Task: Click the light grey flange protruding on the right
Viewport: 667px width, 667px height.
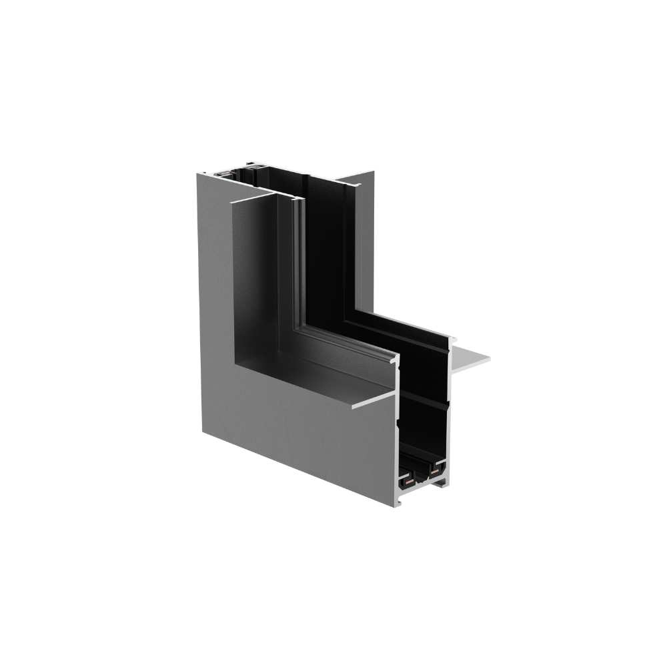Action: [x=470, y=360]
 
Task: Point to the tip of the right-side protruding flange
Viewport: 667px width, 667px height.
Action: [x=488, y=359]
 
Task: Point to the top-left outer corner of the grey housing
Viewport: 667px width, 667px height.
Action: [x=198, y=173]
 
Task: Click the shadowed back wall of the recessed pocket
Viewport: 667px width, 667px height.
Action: [x=257, y=280]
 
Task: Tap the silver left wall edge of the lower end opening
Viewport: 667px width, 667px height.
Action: [x=399, y=434]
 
